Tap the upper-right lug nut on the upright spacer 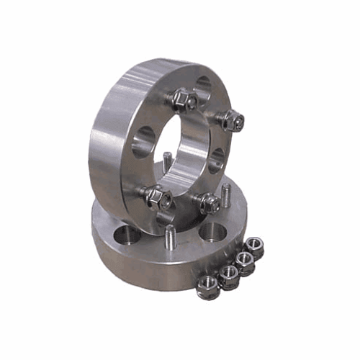click(231, 120)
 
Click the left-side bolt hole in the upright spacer click(143, 141)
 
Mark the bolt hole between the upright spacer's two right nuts click(218, 160)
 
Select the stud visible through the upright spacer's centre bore click(167, 161)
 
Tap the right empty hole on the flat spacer click(213, 230)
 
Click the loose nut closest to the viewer click(207, 286)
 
